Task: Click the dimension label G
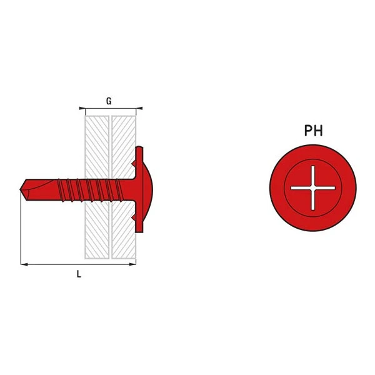pyautogui.click(x=109, y=101)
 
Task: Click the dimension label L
pyautogui.click(x=79, y=274)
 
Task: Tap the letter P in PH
pyautogui.click(x=308, y=131)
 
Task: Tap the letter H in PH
pyautogui.click(x=318, y=131)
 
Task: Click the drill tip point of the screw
pyautogui.click(x=20, y=189)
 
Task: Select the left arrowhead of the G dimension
pyautogui.click(x=82, y=108)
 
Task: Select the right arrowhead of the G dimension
pyautogui.click(x=139, y=108)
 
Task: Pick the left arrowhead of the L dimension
pyautogui.click(x=24, y=264)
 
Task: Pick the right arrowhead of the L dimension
pyautogui.click(x=132, y=264)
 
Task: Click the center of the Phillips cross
pyautogui.click(x=313, y=188)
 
